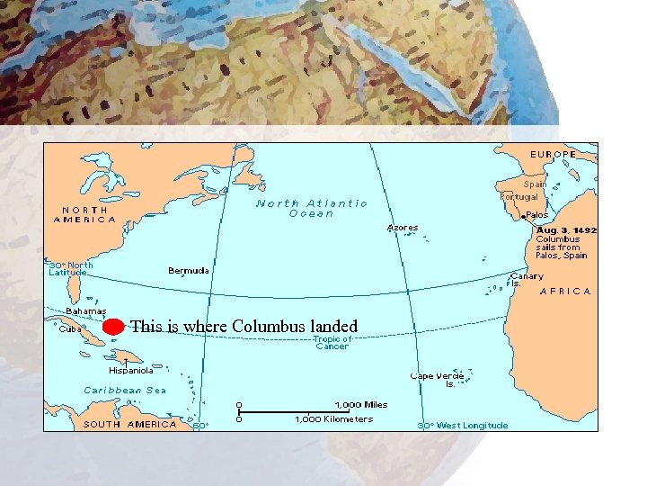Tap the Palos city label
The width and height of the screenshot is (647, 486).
click(537, 215)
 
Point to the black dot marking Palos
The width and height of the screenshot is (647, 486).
click(523, 217)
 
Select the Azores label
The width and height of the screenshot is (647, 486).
click(403, 228)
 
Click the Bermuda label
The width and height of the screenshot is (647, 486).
click(189, 270)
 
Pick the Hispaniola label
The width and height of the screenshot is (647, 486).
click(131, 369)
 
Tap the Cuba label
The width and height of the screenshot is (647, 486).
click(70, 329)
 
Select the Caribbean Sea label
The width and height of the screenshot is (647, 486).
click(125, 390)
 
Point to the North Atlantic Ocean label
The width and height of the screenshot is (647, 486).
click(312, 208)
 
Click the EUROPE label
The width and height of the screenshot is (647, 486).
click(553, 154)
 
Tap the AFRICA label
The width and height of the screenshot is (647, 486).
click(565, 291)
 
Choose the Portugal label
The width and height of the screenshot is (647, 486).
click(519, 196)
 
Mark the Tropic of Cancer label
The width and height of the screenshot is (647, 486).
click(332, 342)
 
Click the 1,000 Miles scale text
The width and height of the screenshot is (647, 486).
click(361, 405)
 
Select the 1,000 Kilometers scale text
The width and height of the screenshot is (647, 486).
click(334, 419)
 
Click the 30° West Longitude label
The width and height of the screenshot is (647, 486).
click(463, 425)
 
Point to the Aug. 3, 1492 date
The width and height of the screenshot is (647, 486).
click(566, 230)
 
